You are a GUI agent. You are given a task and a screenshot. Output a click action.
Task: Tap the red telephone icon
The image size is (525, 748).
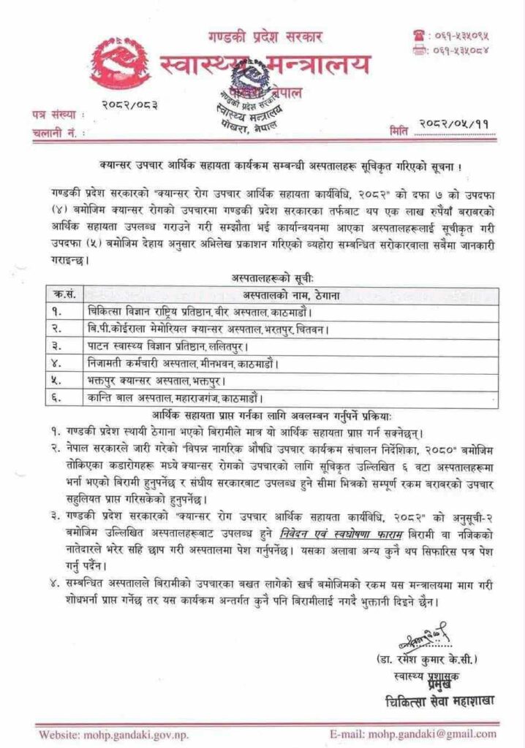point(420,34)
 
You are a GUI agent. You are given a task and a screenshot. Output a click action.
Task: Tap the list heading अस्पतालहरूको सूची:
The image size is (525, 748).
point(261,277)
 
